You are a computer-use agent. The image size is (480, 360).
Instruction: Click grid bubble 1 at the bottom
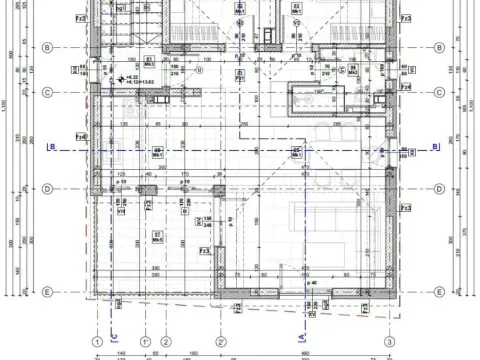pyautogui.click(x=97, y=342)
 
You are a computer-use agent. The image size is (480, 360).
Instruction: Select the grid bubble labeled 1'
pyautogui.click(x=145, y=342)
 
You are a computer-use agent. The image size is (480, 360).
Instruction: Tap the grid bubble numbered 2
pyautogui.click(x=166, y=342)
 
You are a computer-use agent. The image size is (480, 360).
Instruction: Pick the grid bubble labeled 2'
pyautogui.click(x=221, y=342)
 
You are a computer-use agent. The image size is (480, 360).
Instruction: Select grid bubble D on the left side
pyautogui.click(x=47, y=189)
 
